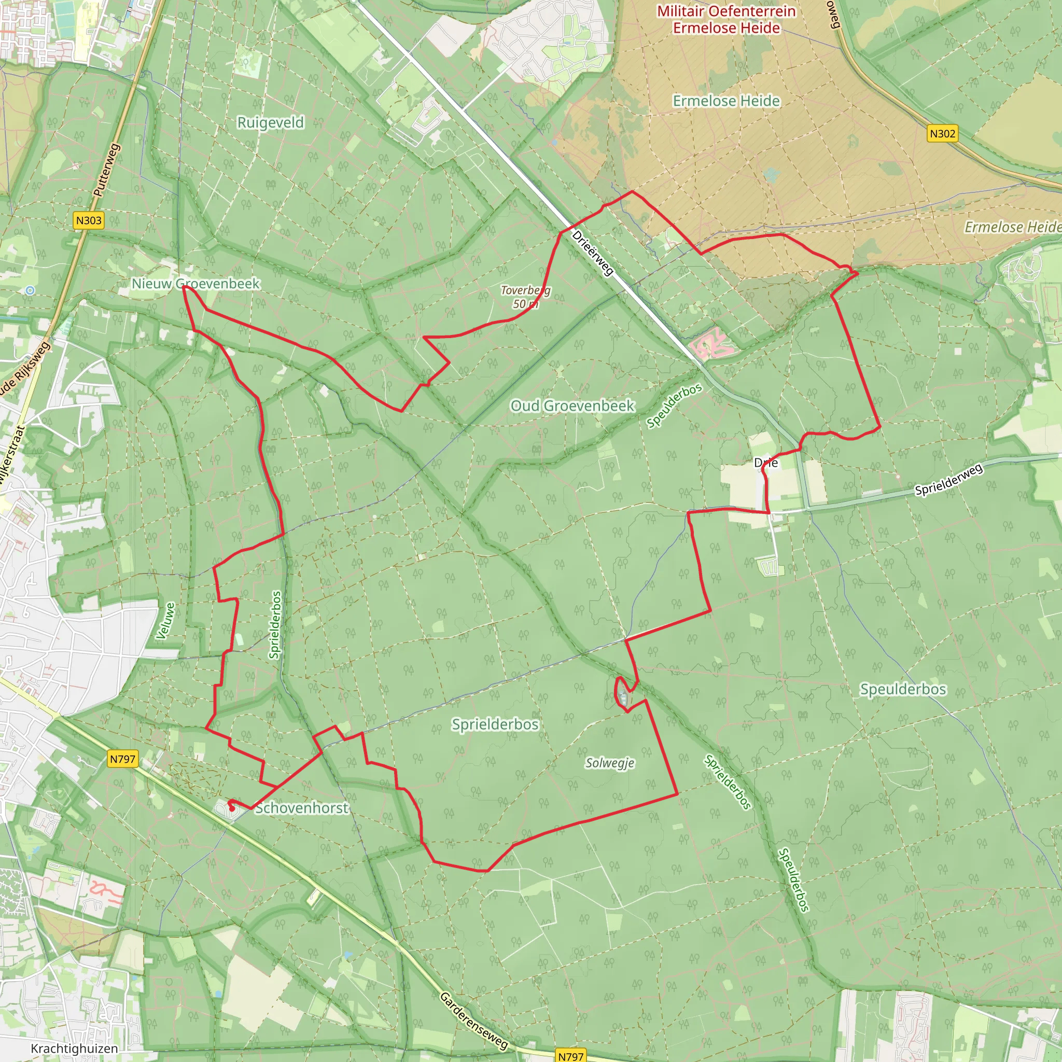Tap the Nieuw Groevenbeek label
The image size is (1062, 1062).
[x=195, y=284]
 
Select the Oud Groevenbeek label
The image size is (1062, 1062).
[x=572, y=406]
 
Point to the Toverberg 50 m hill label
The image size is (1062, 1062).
[x=525, y=297]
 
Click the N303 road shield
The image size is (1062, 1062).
[x=89, y=220]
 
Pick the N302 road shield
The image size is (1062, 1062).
[x=942, y=134]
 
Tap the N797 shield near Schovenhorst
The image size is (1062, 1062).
[x=122, y=759]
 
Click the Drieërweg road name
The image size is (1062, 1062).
[x=593, y=253]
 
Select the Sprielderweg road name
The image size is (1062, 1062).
[x=948, y=480]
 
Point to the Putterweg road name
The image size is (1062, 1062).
[x=107, y=170]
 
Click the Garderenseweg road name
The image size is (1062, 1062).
[x=473, y=1020]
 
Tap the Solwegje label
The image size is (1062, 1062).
[x=610, y=763]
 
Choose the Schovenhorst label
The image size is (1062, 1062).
[x=301, y=808]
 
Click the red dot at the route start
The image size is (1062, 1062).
[x=232, y=808]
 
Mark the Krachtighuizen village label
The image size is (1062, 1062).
[x=74, y=1048]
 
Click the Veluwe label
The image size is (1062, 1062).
[x=165, y=621]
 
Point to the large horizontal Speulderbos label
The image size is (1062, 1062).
[x=903, y=689]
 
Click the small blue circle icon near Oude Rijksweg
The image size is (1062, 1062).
[x=30, y=290]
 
